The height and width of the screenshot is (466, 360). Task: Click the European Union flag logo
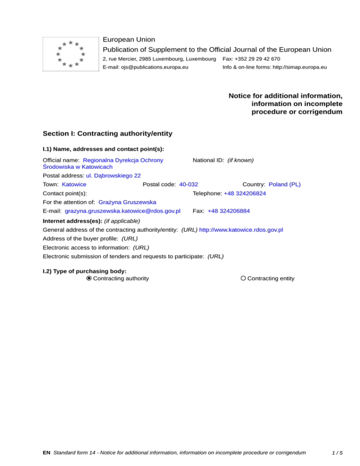70,53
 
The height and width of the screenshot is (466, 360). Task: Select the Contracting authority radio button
89,278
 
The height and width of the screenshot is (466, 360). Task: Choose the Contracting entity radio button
243,278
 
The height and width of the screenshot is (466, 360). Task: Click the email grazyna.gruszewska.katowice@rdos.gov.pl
123,211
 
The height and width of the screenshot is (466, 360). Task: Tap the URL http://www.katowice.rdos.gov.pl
241,230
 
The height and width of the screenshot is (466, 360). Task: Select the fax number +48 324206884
229,211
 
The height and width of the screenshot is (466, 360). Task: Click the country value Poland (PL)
285,184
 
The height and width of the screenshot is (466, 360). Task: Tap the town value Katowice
74,184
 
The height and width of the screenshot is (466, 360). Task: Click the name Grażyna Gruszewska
127,202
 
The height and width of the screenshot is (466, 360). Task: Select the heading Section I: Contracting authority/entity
107,134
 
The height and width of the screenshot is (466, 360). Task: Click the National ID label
209,160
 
